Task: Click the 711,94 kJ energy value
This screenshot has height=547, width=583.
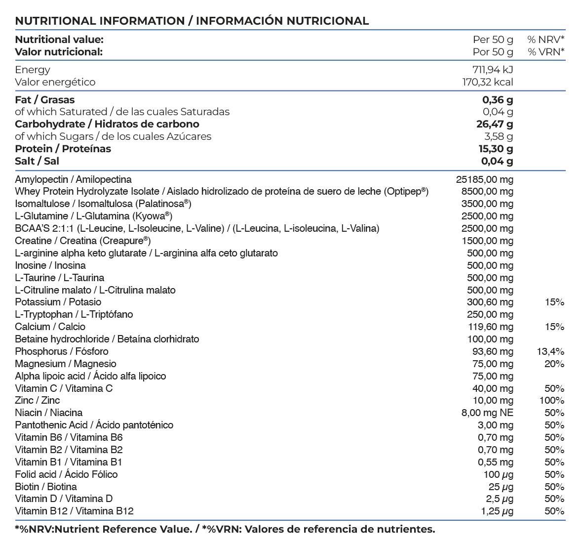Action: [x=492, y=70]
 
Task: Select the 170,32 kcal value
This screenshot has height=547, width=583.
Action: [x=487, y=82]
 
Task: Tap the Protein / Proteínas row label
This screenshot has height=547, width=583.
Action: [x=63, y=149]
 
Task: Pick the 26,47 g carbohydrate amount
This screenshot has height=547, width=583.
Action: [x=494, y=124]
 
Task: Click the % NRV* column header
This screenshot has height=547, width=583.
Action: [x=545, y=40]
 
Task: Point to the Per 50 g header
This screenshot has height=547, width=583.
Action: [x=493, y=40]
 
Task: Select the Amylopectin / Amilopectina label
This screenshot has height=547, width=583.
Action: [x=73, y=179]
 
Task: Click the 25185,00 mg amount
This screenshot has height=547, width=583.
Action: [x=484, y=179]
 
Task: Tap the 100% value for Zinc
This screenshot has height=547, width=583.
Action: [x=551, y=401]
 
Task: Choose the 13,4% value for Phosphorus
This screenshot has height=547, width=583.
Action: [x=550, y=351]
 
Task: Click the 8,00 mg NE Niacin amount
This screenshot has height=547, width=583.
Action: [x=487, y=413]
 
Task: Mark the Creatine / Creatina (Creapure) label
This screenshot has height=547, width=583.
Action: [x=82, y=241]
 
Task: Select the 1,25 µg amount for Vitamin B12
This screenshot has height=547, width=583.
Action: [x=497, y=511]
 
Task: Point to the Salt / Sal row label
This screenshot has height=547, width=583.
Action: [x=37, y=161]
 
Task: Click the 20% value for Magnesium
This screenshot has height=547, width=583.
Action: [x=554, y=364]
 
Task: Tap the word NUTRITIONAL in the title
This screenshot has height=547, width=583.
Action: [x=55, y=21]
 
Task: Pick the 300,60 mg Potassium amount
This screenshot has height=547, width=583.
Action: [x=490, y=302]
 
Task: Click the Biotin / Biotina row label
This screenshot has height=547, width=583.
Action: [x=45, y=487]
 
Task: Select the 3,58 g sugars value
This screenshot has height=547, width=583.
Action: [x=498, y=136]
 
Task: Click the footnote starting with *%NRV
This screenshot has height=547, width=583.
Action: [x=225, y=529]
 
